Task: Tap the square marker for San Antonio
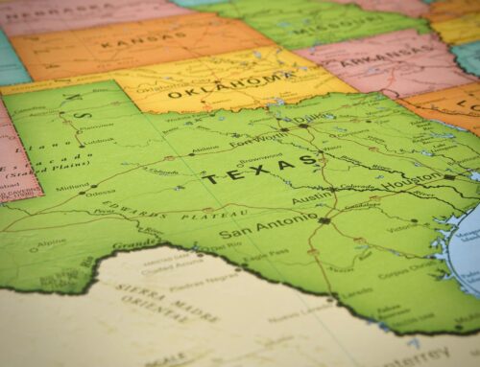coord(324,220)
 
